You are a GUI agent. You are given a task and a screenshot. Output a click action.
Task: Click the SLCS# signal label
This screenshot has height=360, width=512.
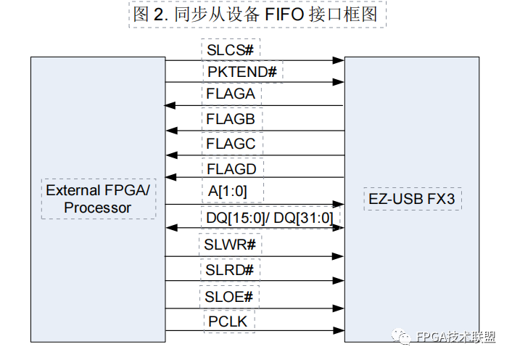[x=229, y=50]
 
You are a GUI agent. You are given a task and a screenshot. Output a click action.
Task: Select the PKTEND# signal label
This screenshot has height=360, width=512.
[x=242, y=71]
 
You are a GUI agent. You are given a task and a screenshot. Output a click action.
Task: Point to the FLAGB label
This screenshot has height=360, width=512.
[x=230, y=118]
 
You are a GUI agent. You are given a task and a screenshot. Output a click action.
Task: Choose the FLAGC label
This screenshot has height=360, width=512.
[x=231, y=144]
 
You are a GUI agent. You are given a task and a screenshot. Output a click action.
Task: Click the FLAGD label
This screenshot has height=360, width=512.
[x=231, y=169]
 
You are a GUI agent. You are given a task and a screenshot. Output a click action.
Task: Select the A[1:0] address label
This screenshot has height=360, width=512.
[x=230, y=191]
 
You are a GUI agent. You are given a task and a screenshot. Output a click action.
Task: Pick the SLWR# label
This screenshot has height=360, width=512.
[x=230, y=244]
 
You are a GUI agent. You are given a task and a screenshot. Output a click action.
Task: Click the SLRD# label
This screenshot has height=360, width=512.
[x=229, y=269]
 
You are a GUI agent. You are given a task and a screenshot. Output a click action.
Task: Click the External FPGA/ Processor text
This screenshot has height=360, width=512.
[x=98, y=199]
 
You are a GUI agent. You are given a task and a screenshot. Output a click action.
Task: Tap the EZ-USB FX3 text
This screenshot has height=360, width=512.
[x=412, y=198]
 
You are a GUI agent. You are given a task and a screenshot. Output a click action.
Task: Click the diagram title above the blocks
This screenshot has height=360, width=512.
[x=257, y=15]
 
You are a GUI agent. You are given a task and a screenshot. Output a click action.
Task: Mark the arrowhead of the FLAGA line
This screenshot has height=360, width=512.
[x=170, y=106]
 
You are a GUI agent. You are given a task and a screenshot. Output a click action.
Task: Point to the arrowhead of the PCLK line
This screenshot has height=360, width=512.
[x=339, y=331]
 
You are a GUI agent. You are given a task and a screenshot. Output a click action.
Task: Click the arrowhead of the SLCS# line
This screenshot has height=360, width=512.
[x=339, y=62]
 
